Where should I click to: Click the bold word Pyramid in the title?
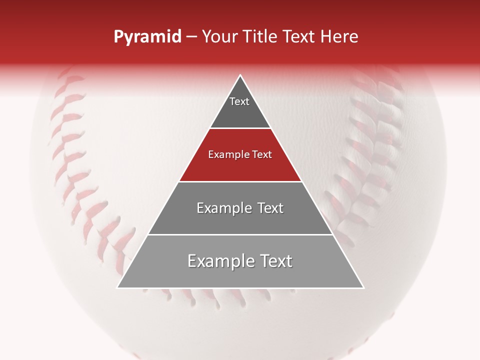[x=147, y=37]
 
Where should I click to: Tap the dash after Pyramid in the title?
[x=191, y=37]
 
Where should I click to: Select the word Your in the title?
[x=220, y=37]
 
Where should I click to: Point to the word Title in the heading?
[x=260, y=37]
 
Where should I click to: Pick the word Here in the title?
[x=339, y=37]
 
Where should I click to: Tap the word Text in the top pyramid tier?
[x=239, y=101]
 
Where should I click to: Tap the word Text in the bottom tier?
[x=275, y=261]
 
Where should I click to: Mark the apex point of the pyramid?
[x=240, y=75]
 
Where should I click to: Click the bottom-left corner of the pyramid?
[x=117, y=287]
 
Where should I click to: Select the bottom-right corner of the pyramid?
[x=363, y=287]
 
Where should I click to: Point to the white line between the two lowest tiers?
[x=240, y=234]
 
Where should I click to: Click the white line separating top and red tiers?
[x=240, y=128]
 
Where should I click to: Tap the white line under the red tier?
[x=240, y=181]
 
